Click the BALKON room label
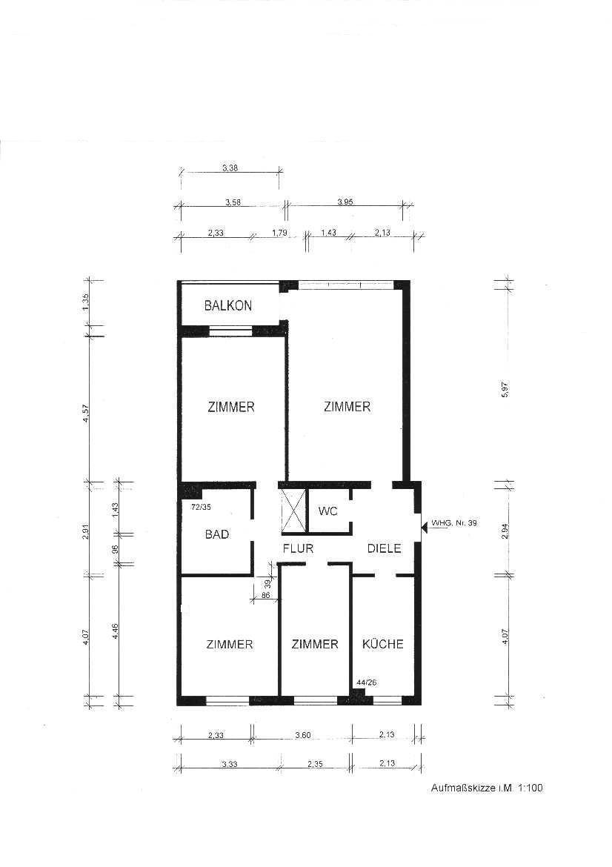[x=227, y=305]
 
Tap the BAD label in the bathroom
[x=216, y=534]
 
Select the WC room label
[x=327, y=511]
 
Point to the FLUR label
[x=298, y=548]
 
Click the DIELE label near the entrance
[x=385, y=548]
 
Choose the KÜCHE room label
[x=382, y=644]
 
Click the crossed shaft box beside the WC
[x=293, y=511]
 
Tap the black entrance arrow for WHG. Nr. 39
[x=424, y=526]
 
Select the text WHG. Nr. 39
[x=454, y=522]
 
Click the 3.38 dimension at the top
[x=230, y=168]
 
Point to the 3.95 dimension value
[x=345, y=202]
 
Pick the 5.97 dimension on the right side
[x=504, y=389]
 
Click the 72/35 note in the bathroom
[x=201, y=505]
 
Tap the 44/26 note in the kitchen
[x=367, y=682]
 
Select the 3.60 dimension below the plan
[x=303, y=735]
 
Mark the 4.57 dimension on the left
[x=86, y=413]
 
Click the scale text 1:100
[x=530, y=788]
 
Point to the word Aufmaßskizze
[x=463, y=788]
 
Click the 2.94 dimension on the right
[x=504, y=531]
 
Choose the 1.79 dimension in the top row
[x=279, y=233]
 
